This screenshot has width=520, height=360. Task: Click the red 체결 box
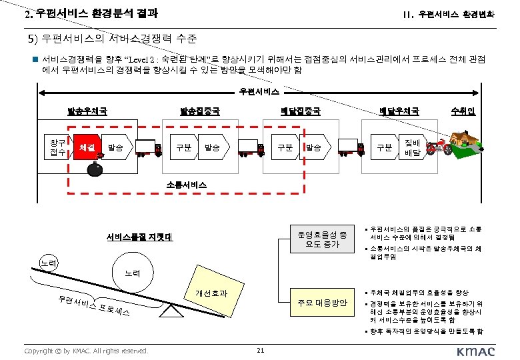pyautogui.click(x=85, y=147)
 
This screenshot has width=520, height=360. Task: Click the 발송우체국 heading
pyautogui.click(x=87, y=111)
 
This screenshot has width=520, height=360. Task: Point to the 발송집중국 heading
pyautogui.click(x=199, y=111)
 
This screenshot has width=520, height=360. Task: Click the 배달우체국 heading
pyautogui.click(x=399, y=111)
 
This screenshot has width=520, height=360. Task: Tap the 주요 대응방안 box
pyautogui.click(x=322, y=303)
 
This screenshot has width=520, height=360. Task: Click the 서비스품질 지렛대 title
pyautogui.click(x=139, y=237)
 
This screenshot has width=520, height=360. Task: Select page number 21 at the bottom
pyautogui.click(x=260, y=351)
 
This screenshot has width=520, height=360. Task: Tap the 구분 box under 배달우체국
pyautogui.click(x=385, y=147)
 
